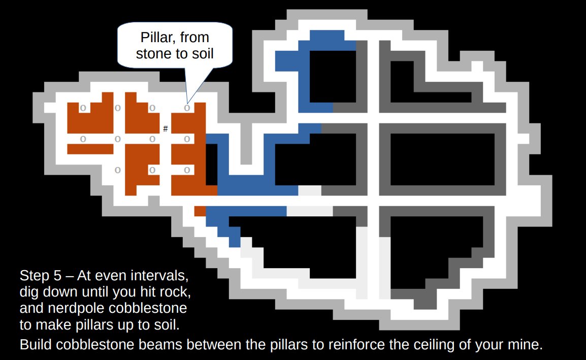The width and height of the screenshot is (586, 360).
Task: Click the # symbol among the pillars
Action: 165,129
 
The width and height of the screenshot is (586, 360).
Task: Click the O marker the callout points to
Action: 187,108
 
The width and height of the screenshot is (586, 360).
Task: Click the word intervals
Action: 159,277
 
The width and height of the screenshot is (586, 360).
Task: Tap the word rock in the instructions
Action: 177,292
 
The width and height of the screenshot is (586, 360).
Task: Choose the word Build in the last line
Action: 35,345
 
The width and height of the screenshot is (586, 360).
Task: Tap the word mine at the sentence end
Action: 525,345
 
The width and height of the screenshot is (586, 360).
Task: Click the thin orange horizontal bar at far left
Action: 90,149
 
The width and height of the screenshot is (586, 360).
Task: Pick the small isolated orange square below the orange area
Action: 200,211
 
